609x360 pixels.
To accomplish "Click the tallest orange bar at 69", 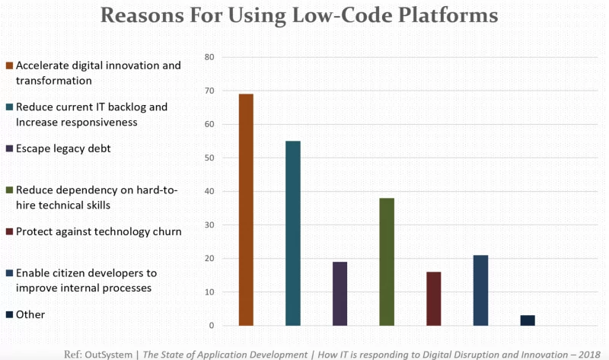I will (x=246, y=210).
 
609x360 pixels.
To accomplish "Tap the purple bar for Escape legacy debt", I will (x=340, y=294).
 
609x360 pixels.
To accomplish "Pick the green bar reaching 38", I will (x=387, y=262).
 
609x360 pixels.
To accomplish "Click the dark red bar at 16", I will (x=433, y=298).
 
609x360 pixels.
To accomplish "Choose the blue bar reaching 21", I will (x=480, y=290).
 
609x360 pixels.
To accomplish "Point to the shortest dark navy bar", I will (x=528, y=320).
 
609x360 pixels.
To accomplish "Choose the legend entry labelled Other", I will (x=31, y=314).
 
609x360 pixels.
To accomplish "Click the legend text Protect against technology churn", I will (x=98, y=231).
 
